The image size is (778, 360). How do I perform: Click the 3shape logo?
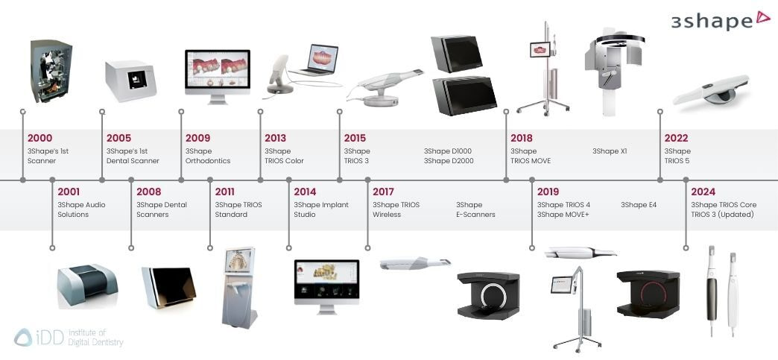coord(720,20)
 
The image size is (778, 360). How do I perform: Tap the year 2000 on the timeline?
coord(39,138)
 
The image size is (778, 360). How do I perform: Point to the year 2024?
coord(703,192)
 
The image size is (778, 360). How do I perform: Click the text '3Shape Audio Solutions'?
coord(81,209)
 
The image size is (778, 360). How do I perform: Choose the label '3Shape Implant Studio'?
coord(321,209)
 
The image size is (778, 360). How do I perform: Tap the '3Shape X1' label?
coord(610,151)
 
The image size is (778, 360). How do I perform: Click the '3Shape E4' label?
coord(639,204)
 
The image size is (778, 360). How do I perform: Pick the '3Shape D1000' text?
coord(448,151)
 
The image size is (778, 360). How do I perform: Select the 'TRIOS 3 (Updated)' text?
coord(722,215)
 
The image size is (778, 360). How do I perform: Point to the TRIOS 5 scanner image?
coord(711,89)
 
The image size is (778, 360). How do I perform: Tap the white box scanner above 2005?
coord(130,80)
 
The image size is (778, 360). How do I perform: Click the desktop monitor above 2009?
coord(218,77)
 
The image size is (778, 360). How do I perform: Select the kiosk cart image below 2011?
coord(238,288)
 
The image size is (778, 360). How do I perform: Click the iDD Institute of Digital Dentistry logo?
coord(68,337)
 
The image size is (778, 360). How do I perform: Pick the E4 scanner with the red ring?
coord(648,294)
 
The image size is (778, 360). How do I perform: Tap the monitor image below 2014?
coord(326,286)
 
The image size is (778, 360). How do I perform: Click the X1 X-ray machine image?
coord(613,72)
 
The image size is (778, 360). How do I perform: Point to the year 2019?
coord(548,192)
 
